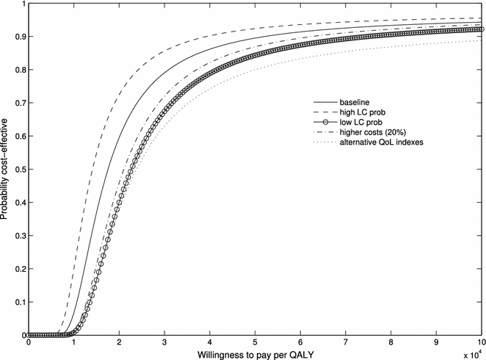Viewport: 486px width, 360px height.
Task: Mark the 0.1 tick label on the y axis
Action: pos(18,302)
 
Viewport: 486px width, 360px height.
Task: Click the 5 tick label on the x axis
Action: pos(255,342)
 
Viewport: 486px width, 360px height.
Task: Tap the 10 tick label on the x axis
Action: pos(481,342)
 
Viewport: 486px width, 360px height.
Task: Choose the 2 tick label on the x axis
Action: pos(119,342)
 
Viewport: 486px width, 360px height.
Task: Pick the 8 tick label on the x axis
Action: pos(391,342)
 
